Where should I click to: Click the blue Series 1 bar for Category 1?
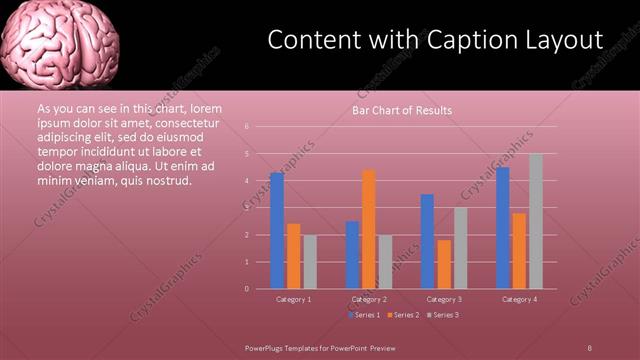coord(276,231)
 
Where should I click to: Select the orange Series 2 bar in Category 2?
coord(369,229)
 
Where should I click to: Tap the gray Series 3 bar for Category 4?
coord(536,221)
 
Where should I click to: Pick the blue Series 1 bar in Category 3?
coord(427,241)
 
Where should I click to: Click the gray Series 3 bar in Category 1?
coord(310,262)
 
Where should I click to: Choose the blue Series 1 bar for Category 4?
coord(503,228)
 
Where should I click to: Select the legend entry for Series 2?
coord(403,315)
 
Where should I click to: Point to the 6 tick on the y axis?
coord(246,127)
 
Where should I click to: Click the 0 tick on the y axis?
coord(246,289)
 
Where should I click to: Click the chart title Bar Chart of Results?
coord(402,110)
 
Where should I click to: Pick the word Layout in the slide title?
coord(565,40)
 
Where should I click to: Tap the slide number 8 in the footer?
coord(589,347)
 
